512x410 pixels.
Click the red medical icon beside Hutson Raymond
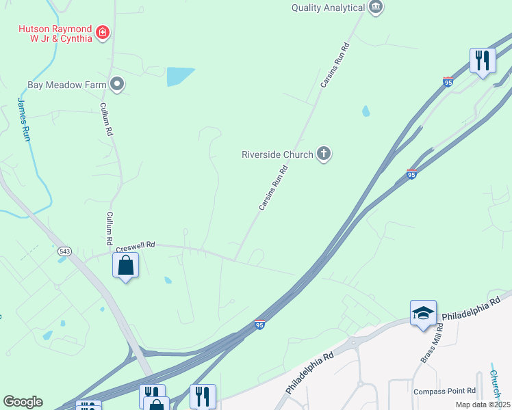point(103,32)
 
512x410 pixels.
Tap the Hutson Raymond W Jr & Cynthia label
point(55,33)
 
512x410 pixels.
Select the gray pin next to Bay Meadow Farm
point(117,85)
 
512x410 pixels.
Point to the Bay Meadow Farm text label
point(66,85)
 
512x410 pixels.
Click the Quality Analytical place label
point(328,8)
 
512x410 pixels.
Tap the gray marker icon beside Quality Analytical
point(376,8)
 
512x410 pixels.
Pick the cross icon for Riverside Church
point(324,154)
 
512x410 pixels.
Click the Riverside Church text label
point(277,154)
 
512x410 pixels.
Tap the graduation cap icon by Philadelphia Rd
point(423,313)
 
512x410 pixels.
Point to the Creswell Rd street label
point(136,245)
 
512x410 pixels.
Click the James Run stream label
point(24,120)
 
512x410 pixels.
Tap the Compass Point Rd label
point(444,391)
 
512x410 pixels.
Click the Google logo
point(23,402)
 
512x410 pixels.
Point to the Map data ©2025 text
point(483,405)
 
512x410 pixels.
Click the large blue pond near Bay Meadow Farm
point(180,76)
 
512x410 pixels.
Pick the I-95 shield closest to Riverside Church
point(412,174)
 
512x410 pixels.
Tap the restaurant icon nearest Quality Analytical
point(483,60)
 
